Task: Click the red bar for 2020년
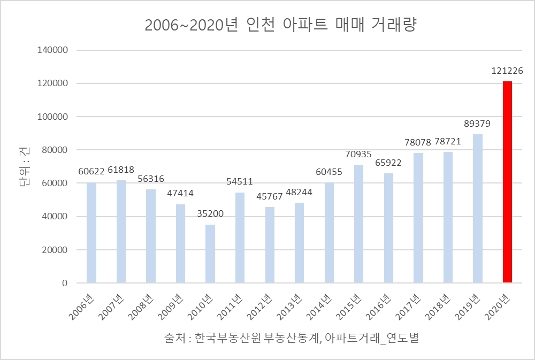(507, 182)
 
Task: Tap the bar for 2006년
(91, 233)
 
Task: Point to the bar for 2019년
(478, 209)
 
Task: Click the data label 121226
(507, 70)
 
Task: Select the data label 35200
(210, 214)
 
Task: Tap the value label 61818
(121, 170)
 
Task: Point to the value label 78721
(448, 142)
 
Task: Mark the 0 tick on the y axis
(64, 283)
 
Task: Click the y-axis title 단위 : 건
(25, 166)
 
